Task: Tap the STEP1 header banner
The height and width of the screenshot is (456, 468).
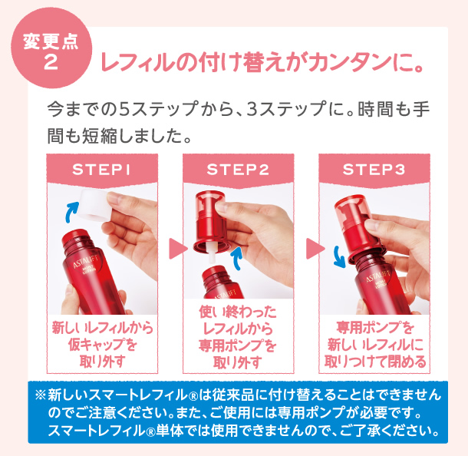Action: pyautogui.click(x=103, y=169)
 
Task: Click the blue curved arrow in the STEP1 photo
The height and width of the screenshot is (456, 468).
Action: pyautogui.click(x=73, y=207)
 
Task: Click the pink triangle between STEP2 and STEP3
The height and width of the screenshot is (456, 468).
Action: pyautogui.click(x=312, y=248)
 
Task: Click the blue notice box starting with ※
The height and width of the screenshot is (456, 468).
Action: pyautogui.click(x=237, y=411)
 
